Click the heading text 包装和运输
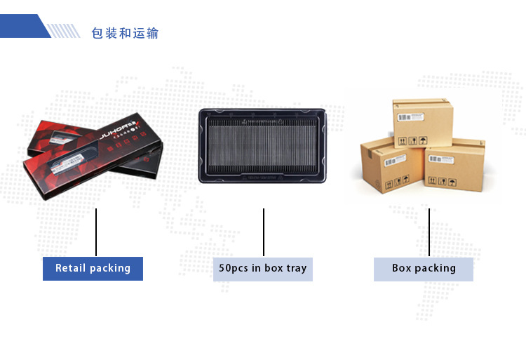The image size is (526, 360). click(125, 33)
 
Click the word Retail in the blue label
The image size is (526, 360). click(70, 268)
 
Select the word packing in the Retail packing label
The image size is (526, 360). click(110, 269)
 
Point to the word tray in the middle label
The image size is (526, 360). click(296, 269)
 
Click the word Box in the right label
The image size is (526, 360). click(402, 268)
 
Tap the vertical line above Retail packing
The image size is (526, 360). click(96, 232)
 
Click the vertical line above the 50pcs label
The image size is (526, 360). click(264, 232)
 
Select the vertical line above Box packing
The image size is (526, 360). click(429, 232)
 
